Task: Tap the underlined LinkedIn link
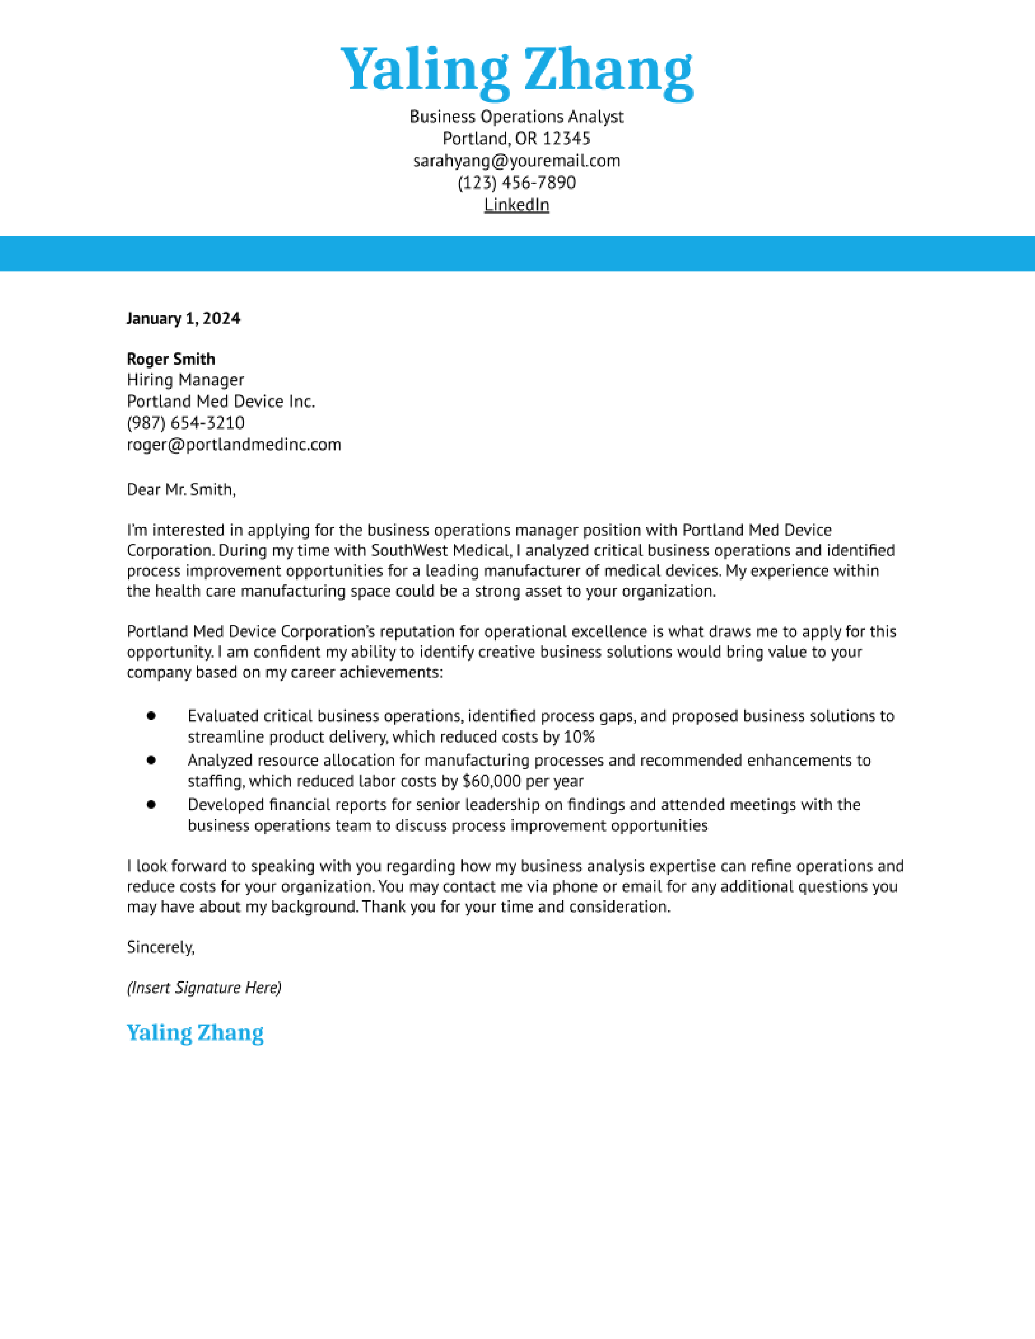(517, 205)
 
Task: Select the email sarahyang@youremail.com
(517, 161)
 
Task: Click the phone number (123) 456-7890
(517, 183)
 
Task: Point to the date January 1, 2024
(183, 319)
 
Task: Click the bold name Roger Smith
(170, 359)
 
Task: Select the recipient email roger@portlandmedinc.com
(234, 444)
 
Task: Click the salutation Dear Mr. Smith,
(181, 489)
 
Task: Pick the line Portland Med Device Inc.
(220, 402)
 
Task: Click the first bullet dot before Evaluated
(151, 715)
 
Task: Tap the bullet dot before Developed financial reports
(151, 804)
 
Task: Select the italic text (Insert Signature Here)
(204, 988)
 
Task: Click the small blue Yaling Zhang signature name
(195, 1033)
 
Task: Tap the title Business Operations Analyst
(517, 116)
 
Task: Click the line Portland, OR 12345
(517, 138)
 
